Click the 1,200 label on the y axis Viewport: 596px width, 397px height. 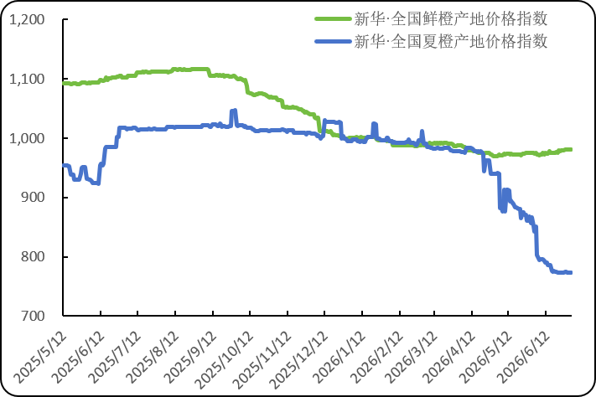click(x=27, y=20)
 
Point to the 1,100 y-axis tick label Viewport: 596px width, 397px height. click(x=27, y=79)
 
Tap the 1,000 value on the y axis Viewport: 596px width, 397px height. click(x=27, y=138)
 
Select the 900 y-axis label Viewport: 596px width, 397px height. click(x=33, y=197)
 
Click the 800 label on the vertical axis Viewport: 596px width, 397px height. click(x=33, y=256)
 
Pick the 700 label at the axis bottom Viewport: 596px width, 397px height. click(x=33, y=316)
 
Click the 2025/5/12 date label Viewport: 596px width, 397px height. click(x=40, y=357)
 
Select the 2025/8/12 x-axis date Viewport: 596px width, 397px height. click(x=153, y=357)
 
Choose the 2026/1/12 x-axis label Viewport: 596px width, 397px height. click(x=339, y=357)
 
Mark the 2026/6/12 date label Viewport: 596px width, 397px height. click(x=524, y=357)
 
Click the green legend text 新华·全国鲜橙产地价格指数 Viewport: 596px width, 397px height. click(x=451, y=18)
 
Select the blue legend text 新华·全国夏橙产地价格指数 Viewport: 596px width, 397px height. click(x=451, y=41)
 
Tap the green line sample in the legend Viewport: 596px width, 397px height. click(x=333, y=18)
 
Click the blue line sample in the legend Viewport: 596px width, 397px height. click(x=333, y=41)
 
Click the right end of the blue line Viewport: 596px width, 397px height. click(x=571, y=272)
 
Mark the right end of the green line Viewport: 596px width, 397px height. click(x=571, y=150)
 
